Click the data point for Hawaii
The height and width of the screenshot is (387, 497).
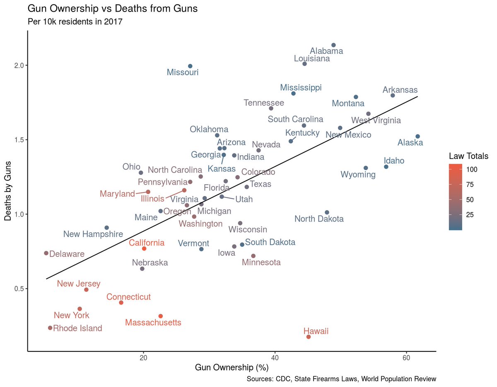308,337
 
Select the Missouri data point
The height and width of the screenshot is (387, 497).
190,66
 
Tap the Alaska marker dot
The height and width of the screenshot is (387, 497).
417,136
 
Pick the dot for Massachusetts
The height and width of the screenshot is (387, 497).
161,316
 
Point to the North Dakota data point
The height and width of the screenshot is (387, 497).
327,212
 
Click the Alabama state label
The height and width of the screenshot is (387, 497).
326,51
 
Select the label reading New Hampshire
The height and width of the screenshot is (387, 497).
93,234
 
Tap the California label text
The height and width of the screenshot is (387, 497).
146,243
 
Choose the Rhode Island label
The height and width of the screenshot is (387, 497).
77,329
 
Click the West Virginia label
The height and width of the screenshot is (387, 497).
376,121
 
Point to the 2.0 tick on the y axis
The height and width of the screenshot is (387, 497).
17,66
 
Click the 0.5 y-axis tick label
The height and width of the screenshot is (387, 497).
17,289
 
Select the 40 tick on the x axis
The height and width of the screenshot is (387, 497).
275,358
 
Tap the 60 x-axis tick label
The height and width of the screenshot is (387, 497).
406,358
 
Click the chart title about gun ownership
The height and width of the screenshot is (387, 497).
112,8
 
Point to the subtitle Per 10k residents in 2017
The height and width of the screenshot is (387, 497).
75,22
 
